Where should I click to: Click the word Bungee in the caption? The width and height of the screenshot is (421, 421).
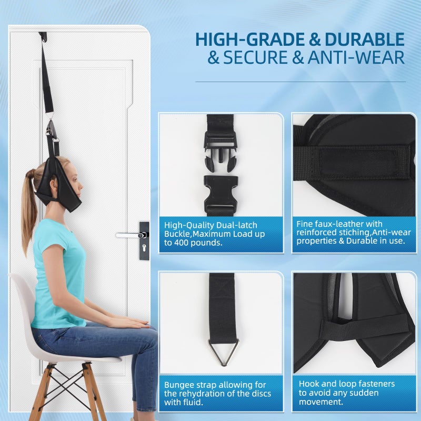tap(179, 385)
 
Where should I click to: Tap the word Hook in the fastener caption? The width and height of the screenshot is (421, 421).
tap(309, 384)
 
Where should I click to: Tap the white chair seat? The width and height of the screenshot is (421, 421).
tap(68, 355)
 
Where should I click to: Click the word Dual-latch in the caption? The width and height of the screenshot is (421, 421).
tap(229, 224)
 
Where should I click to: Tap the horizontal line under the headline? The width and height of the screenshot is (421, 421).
tap(300, 82)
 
